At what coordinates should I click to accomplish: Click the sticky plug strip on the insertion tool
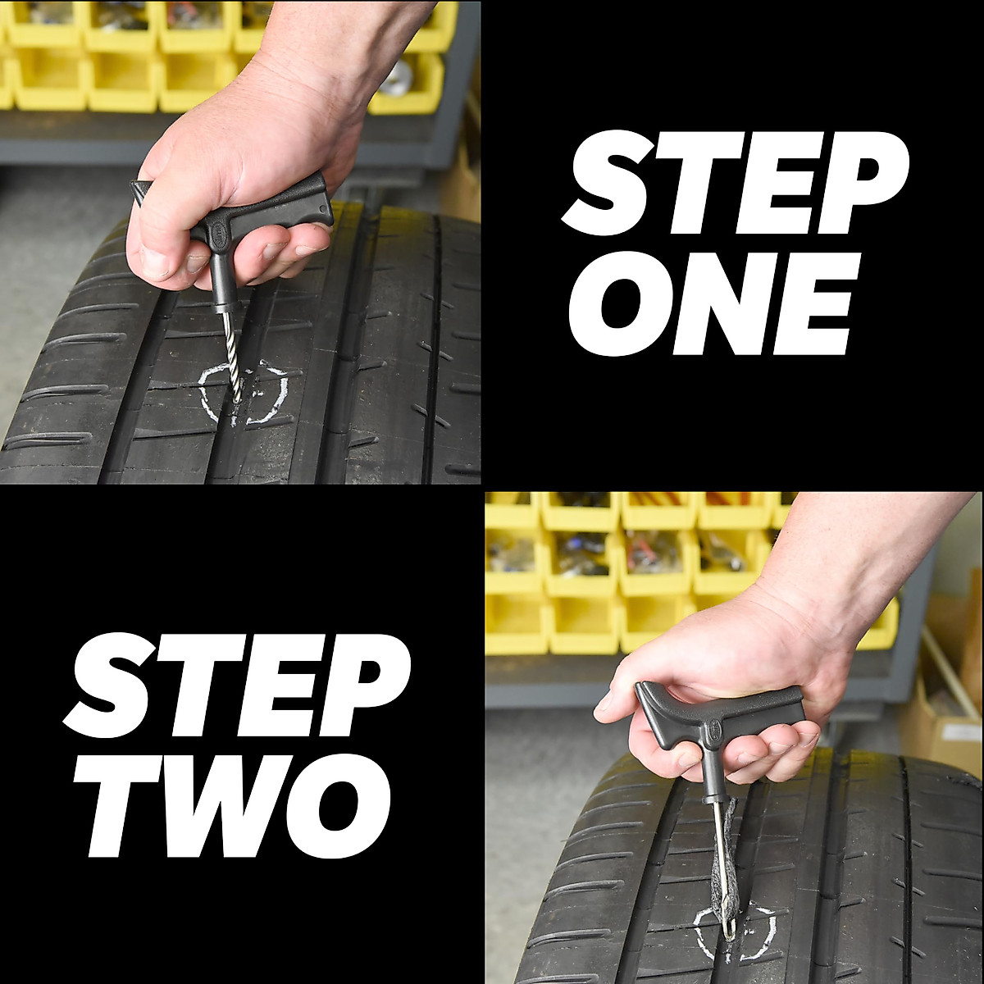point(727,861)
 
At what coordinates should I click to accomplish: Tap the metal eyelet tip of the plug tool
point(728,927)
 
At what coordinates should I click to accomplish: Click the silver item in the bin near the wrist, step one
point(400,75)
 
